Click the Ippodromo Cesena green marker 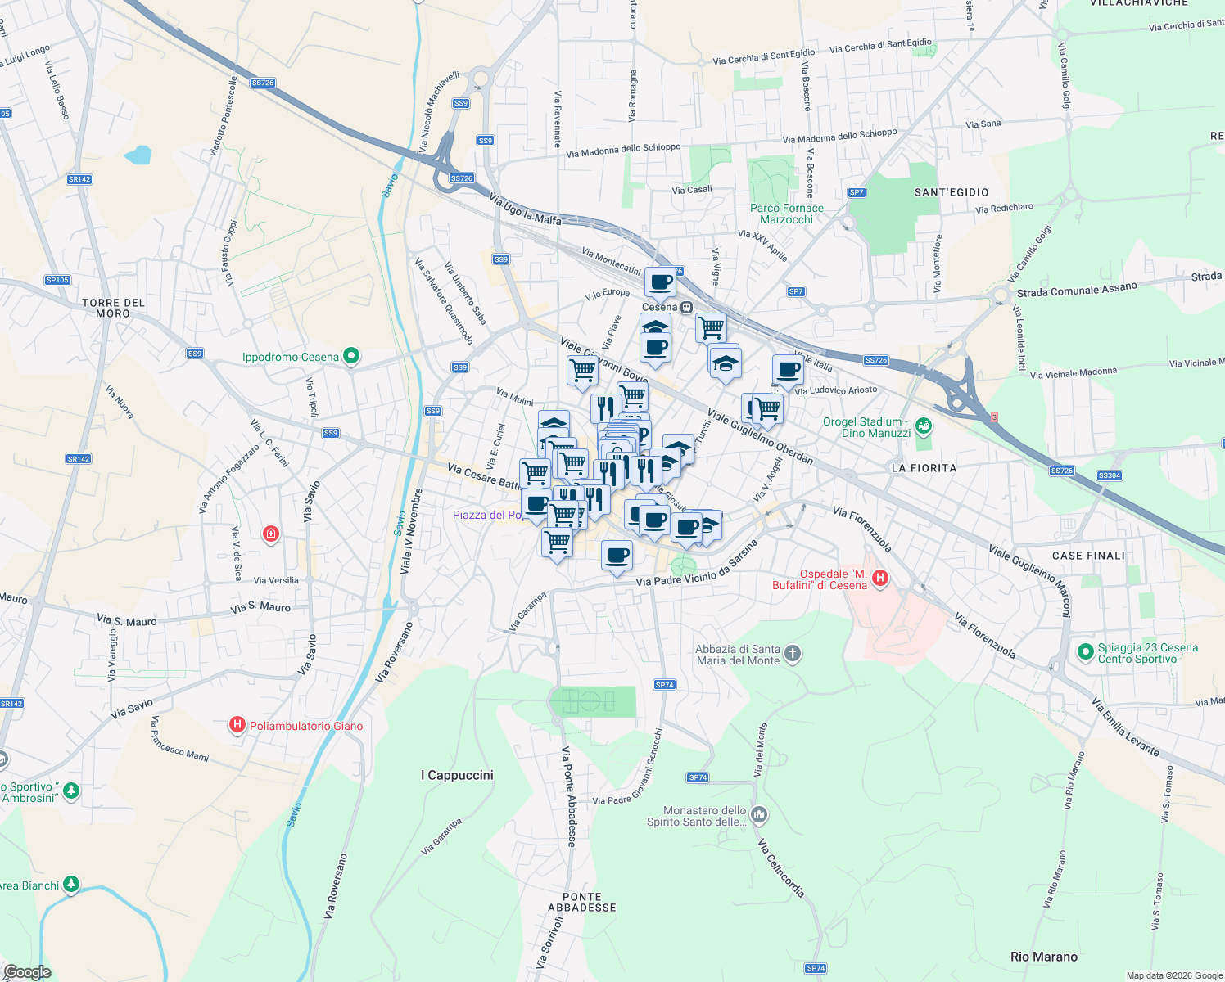coord(351,356)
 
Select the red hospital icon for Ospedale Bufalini coord(880,579)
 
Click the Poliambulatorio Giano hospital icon coord(237,725)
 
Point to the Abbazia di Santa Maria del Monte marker coord(792,654)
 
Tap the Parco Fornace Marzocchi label coord(786,214)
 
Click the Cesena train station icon coord(687,307)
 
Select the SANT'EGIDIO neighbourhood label coord(951,192)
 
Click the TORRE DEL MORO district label coord(113,308)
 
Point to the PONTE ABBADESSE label coord(581,902)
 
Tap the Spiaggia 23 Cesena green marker coord(1085,652)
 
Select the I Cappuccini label coord(457,775)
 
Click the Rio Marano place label coord(1043,957)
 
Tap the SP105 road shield coord(57,280)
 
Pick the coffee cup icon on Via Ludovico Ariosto coord(788,370)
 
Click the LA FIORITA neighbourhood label coord(924,468)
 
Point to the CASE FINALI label coord(1088,556)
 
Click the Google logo coord(27,972)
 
